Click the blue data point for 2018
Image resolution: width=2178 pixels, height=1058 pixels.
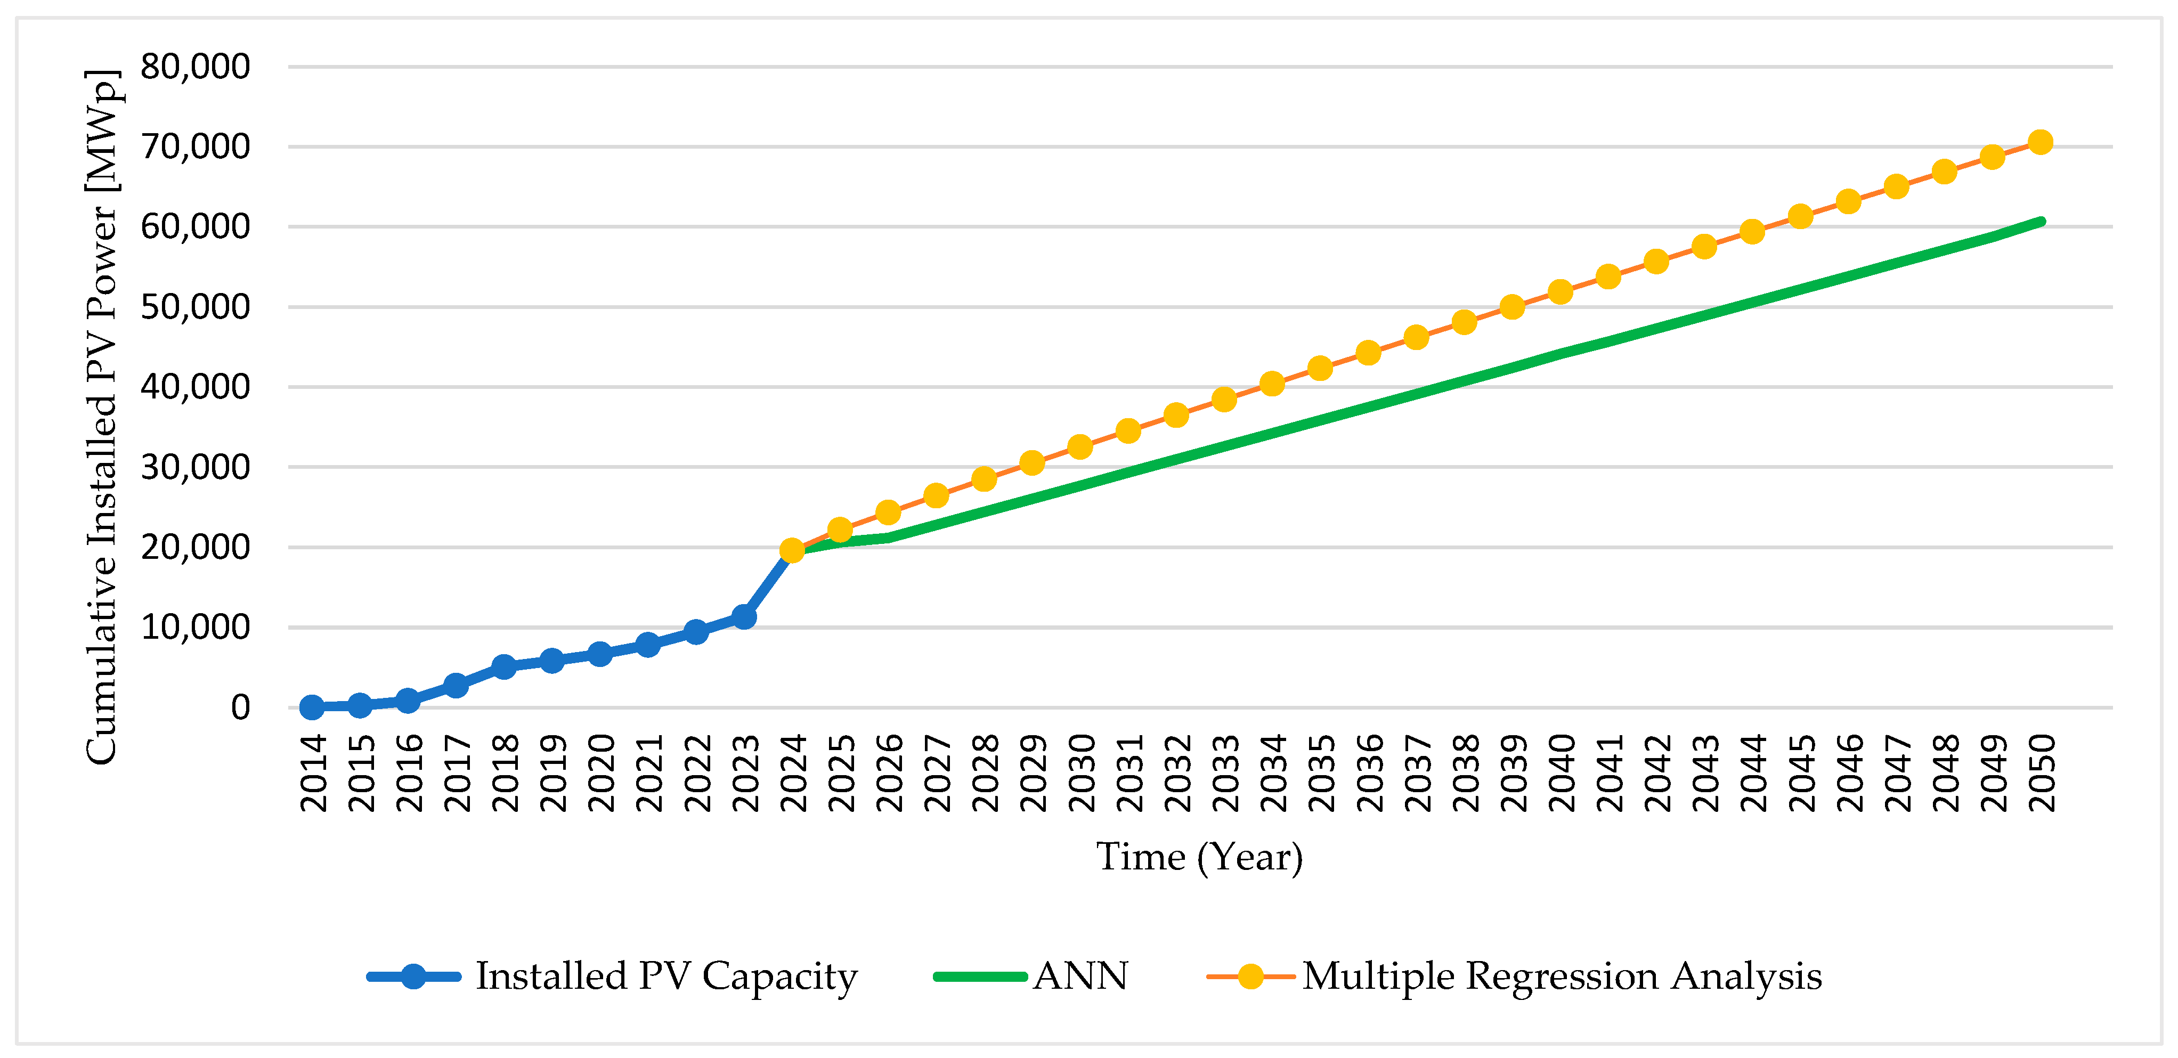(504, 666)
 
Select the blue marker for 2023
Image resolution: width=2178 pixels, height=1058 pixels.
(744, 616)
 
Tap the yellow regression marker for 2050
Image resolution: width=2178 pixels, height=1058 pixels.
(2040, 142)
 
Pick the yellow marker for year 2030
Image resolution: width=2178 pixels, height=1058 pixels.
(1080, 446)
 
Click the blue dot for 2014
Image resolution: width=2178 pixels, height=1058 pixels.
(312, 707)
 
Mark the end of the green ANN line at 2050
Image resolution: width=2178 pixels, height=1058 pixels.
(2041, 222)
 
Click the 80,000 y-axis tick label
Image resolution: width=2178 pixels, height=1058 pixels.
(196, 66)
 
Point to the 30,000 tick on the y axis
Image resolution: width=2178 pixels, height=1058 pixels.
(196, 467)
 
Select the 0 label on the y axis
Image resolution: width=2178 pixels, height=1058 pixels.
(241, 707)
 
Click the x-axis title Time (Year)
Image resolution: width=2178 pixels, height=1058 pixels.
(1199, 857)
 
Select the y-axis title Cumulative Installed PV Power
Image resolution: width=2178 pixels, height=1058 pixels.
(103, 416)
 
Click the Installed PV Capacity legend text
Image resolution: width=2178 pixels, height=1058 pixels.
(667, 976)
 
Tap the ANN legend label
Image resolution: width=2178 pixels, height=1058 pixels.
(1080, 976)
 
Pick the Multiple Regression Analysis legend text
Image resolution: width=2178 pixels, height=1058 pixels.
(1562, 976)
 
